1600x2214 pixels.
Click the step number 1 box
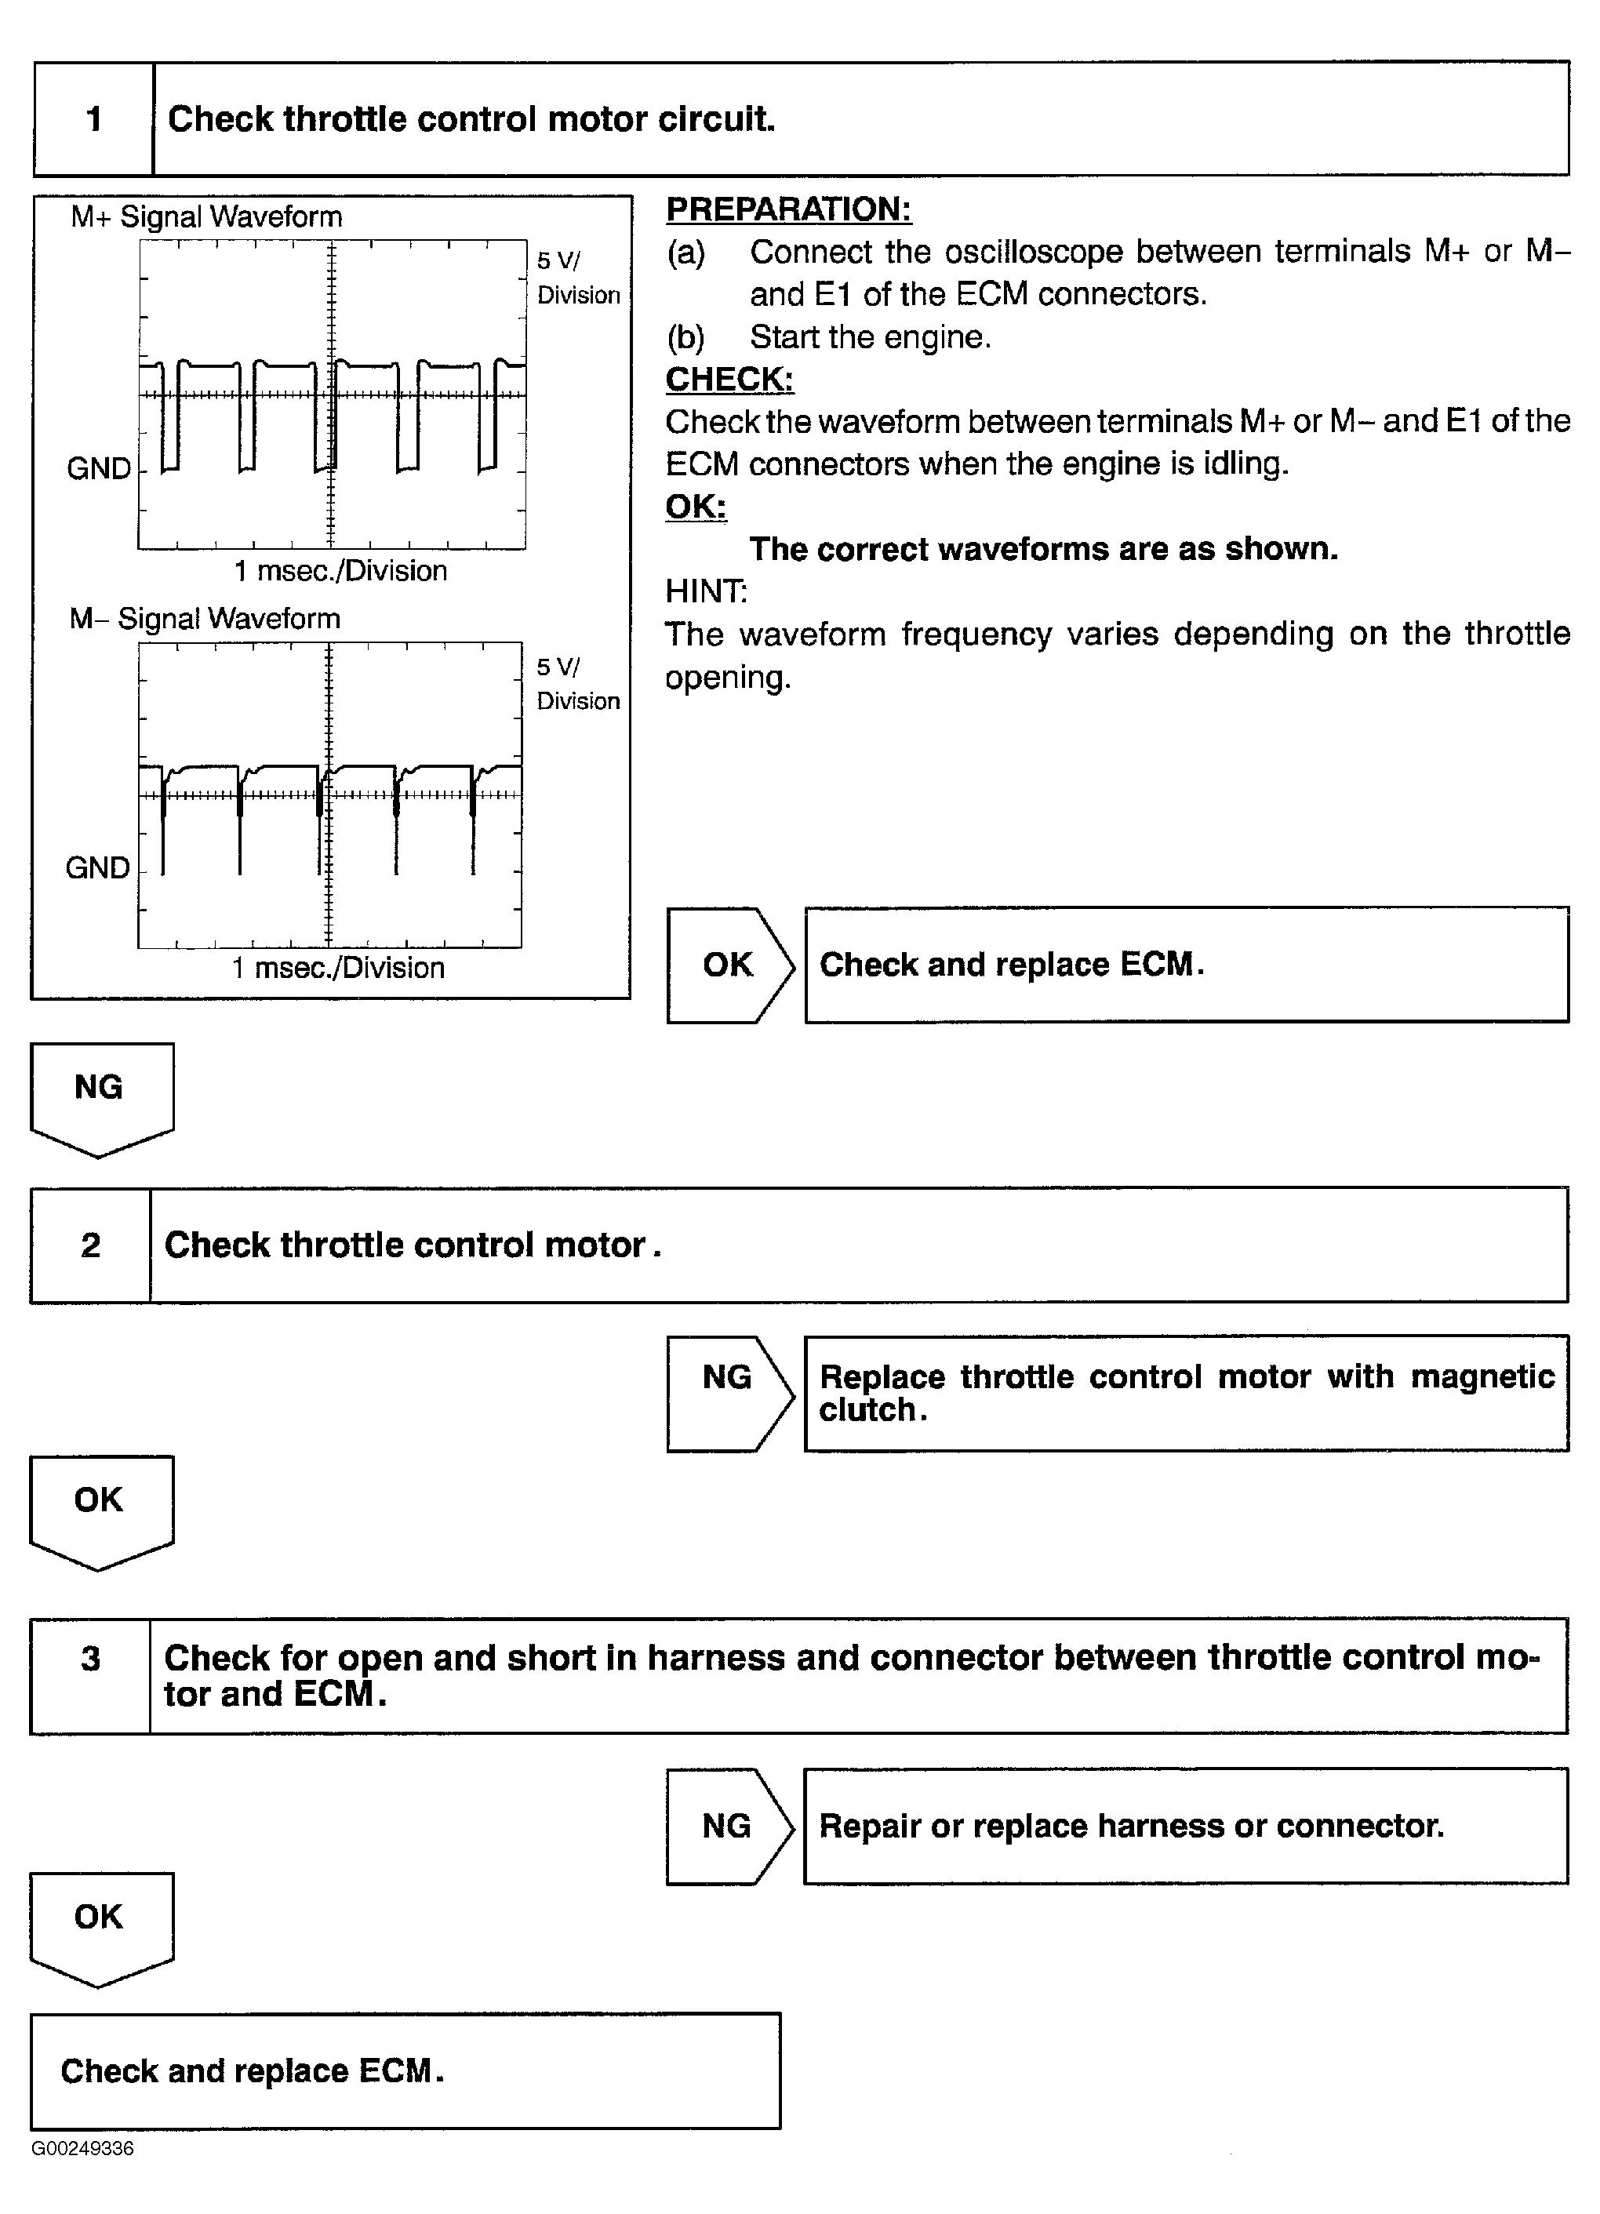click(93, 119)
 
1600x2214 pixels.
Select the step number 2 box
click(91, 1245)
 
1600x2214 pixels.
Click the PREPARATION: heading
click(787, 209)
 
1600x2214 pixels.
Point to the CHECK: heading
click(729, 379)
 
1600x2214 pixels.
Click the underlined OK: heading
click(695, 506)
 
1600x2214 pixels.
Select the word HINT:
click(706, 591)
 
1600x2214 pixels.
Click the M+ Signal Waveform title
click(206, 216)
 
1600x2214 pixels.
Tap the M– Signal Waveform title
click(204, 618)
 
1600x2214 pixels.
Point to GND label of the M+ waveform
click(99, 468)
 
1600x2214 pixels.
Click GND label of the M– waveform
click(97, 868)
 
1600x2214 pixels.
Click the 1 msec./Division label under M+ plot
click(340, 570)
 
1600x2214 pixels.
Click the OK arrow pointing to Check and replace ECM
click(729, 965)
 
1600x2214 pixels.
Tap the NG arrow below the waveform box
click(100, 1093)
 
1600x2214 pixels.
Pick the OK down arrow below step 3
click(100, 1923)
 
